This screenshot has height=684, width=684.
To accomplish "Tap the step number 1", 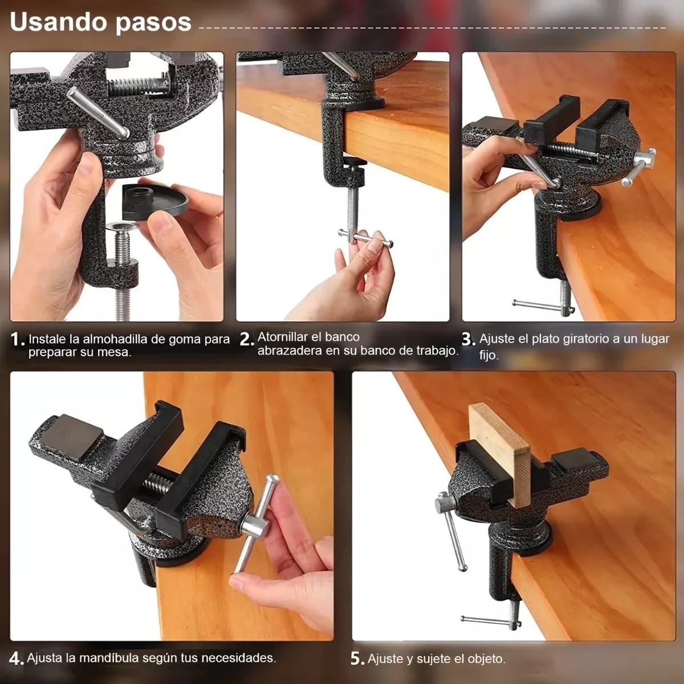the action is (18, 339).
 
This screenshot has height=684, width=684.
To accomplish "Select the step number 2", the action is (247, 339).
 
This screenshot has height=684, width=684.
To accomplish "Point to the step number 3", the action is (469, 339).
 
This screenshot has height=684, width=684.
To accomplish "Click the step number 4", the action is (17, 659).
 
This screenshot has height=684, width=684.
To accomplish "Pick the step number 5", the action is (357, 659).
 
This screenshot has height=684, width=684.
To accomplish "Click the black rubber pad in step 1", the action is (155, 201).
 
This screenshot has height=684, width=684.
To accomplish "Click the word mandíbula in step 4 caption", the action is (109, 658).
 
